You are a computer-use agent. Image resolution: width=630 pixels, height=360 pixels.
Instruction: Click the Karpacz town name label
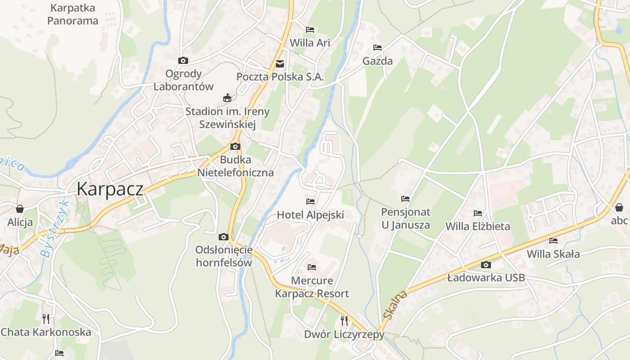(110, 189)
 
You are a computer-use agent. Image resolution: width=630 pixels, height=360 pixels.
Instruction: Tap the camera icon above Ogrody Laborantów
(183, 60)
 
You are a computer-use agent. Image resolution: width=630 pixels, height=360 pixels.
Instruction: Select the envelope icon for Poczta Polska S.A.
(280, 64)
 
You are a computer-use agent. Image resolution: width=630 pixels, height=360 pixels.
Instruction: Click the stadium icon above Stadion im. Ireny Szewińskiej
(227, 98)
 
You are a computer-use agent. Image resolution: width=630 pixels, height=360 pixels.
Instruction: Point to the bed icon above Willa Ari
(310, 30)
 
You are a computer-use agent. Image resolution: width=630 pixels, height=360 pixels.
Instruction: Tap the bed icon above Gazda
(377, 48)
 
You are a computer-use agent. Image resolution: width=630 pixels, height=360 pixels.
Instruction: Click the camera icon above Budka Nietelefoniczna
(235, 146)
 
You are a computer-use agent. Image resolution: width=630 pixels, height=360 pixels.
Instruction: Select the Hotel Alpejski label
(310, 215)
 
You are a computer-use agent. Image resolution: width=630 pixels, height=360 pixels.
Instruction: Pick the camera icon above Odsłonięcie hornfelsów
(223, 237)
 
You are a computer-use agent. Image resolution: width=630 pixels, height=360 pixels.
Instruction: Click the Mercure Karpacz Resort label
(312, 287)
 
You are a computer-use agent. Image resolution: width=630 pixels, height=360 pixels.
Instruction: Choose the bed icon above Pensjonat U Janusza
(405, 198)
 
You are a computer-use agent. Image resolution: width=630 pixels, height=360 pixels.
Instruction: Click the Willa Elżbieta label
(477, 226)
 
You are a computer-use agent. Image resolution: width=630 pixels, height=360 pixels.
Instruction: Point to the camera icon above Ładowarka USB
(486, 265)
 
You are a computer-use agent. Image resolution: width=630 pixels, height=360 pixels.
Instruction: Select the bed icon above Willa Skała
(553, 241)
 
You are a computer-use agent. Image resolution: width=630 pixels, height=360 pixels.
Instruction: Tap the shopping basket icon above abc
(619, 207)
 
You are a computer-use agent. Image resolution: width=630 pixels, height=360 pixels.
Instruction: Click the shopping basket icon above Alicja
(20, 209)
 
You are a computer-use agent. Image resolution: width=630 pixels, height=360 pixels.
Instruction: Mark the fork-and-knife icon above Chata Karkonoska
(45, 319)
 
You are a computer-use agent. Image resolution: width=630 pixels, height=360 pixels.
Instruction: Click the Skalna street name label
(396, 305)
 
